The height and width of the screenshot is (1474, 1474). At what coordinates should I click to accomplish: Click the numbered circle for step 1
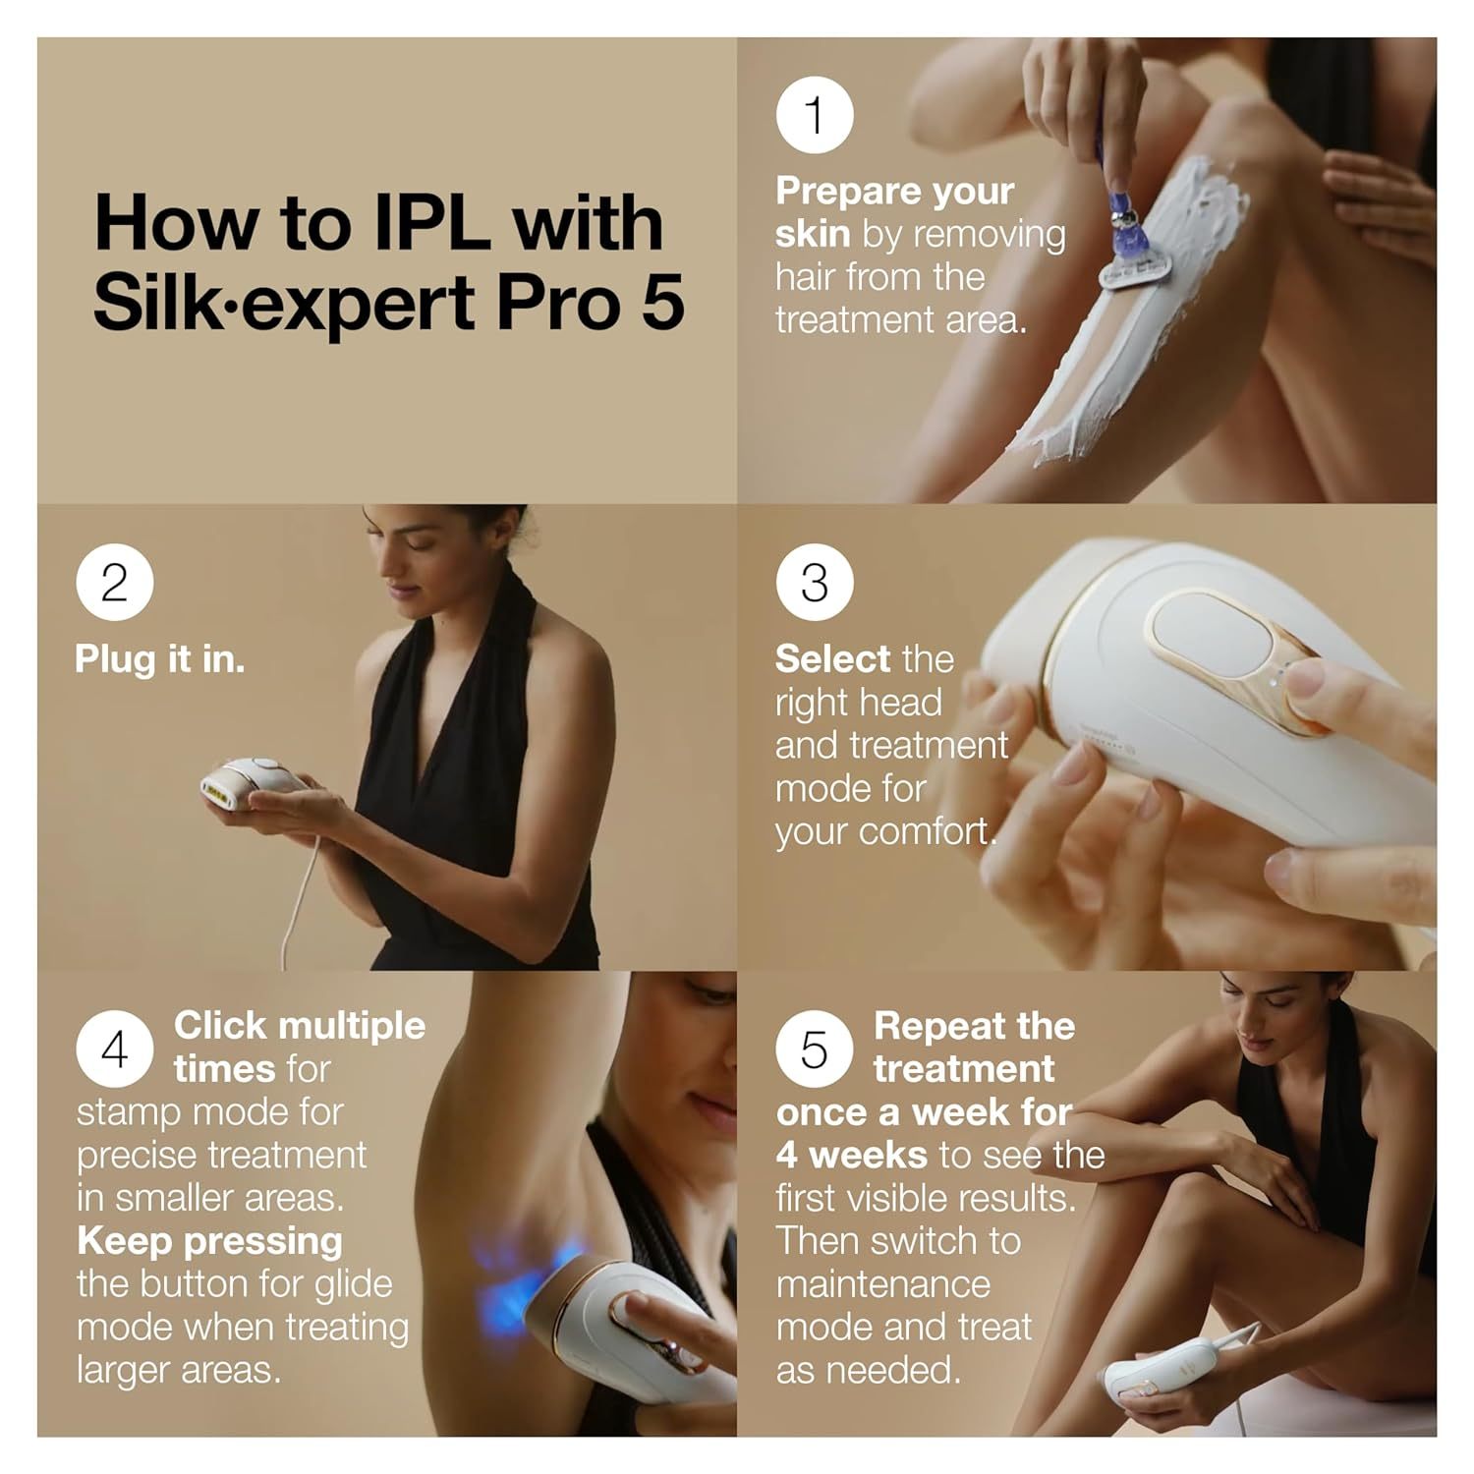point(815,115)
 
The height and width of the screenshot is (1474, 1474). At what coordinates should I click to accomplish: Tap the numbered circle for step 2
point(115,583)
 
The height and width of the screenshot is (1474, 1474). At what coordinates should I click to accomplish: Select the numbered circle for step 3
point(815,583)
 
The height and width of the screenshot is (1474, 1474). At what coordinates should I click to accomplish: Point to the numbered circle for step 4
point(115,1049)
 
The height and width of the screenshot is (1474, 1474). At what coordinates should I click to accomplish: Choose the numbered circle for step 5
point(815,1049)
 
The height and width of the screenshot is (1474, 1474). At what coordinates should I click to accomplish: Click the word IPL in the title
point(431,224)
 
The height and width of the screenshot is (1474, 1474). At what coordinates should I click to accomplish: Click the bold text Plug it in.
point(159,659)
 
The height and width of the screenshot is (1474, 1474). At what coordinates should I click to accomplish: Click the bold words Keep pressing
point(209,1241)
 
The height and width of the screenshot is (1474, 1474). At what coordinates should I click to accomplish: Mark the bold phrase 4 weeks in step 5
point(851,1156)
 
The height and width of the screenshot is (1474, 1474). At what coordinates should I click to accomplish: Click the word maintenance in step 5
point(882,1284)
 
